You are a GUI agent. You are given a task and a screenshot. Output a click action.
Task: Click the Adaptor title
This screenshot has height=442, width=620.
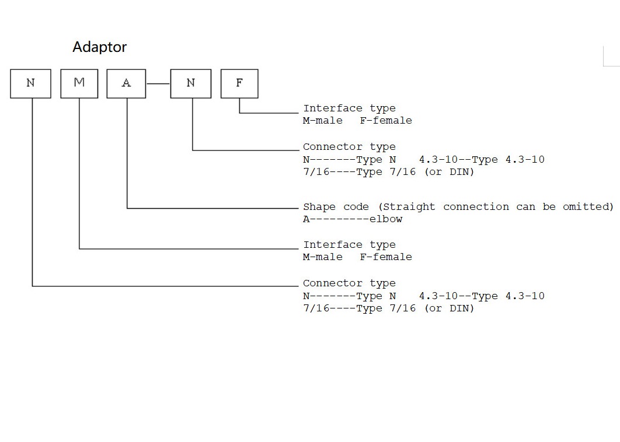coord(99,47)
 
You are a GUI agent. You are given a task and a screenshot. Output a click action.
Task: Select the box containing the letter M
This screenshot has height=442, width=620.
coord(79,83)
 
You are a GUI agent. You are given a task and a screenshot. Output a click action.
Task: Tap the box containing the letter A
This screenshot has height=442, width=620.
coord(126,83)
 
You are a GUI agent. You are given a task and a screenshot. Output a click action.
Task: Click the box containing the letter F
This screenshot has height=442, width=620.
coord(239,83)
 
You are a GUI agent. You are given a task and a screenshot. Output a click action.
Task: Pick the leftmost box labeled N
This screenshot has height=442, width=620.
coord(30,83)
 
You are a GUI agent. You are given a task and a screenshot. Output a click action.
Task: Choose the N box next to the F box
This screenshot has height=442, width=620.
coord(190,83)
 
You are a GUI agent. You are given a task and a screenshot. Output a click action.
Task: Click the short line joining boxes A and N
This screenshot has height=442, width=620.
coord(158,83)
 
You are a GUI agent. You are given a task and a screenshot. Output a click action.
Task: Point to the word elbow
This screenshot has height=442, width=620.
coord(386,219)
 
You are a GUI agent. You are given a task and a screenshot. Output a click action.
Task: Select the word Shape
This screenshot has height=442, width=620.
coord(319,206)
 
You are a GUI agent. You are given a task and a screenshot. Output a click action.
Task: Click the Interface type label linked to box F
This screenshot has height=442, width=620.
coord(349,108)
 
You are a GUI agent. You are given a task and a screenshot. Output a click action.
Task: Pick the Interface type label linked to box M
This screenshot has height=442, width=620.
coord(349,245)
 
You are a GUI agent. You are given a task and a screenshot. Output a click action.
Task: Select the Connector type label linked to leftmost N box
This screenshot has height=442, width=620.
coord(349,283)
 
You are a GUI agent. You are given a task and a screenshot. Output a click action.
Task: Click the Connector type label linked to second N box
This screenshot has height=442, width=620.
coord(349,147)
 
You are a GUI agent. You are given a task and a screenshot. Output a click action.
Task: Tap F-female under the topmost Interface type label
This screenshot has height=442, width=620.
coord(386,121)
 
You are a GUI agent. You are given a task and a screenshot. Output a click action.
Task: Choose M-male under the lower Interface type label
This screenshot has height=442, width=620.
coord(323,257)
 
